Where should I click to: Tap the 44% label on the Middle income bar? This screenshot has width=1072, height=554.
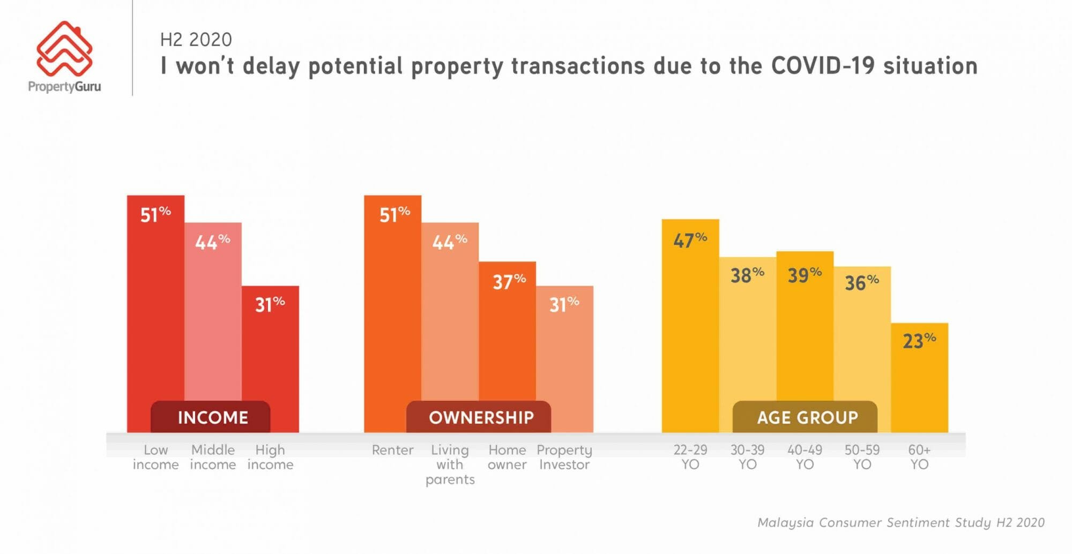(x=212, y=242)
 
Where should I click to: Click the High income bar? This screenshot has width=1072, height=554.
(x=270, y=354)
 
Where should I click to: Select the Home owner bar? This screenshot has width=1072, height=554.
(x=507, y=343)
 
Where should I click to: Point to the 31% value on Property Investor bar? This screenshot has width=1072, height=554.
(x=564, y=304)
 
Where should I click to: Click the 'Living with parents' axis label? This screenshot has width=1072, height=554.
(x=450, y=465)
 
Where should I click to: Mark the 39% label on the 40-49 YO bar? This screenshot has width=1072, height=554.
(x=805, y=275)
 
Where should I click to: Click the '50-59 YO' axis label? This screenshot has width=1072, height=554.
(x=862, y=457)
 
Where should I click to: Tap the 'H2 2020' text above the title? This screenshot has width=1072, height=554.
(x=196, y=40)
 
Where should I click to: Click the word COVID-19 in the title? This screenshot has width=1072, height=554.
(x=823, y=66)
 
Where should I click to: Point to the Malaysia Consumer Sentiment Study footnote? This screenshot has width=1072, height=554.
(x=900, y=522)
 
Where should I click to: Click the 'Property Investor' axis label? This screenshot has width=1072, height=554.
(x=564, y=457)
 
